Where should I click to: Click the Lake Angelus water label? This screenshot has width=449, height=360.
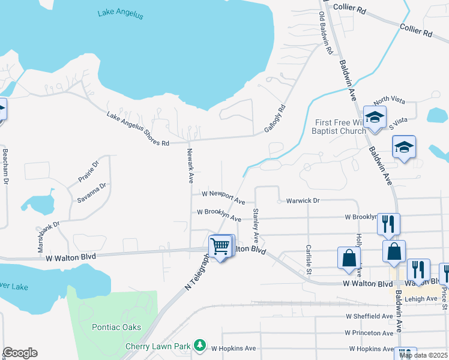pos(121,14)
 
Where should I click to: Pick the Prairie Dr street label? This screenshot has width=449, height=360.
pos(88,172)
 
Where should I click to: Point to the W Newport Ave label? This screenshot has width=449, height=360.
pos(223,197)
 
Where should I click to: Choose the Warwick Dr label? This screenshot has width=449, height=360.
pos(303,200)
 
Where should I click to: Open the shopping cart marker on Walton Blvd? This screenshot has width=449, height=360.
pos(220,245)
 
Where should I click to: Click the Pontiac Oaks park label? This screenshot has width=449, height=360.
pos(116,327)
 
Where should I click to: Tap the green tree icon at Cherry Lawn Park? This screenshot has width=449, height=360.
pos(200,346)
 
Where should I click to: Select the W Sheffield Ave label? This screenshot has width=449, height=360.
pos(369,316)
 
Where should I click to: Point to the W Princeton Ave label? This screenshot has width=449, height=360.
pos(369,332)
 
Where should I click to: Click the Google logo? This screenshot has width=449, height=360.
pos(20,353)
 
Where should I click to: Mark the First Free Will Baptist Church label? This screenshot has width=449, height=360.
pos(340,127)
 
